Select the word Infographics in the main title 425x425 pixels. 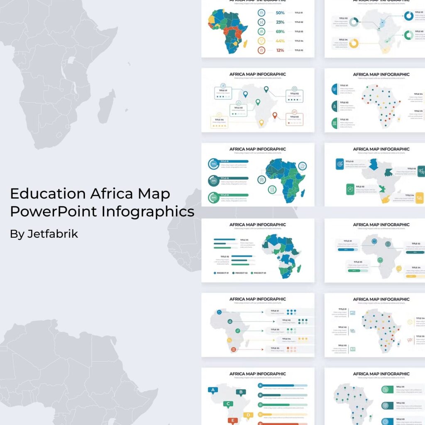148,211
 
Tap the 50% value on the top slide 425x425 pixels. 280,13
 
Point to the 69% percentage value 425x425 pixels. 280,32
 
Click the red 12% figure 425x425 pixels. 280,50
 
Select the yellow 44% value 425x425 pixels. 280,41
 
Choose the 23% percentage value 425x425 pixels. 280,22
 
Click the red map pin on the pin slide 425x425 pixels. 274,115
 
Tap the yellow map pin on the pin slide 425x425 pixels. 261,122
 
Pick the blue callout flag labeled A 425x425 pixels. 213,390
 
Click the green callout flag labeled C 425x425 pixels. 227,403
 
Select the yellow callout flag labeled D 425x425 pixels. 248,415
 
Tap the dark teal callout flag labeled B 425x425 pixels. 240,392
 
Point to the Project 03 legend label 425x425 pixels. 259,273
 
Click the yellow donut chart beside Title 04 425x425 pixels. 354,43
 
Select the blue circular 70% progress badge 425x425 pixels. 214,164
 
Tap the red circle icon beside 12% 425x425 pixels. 261,50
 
